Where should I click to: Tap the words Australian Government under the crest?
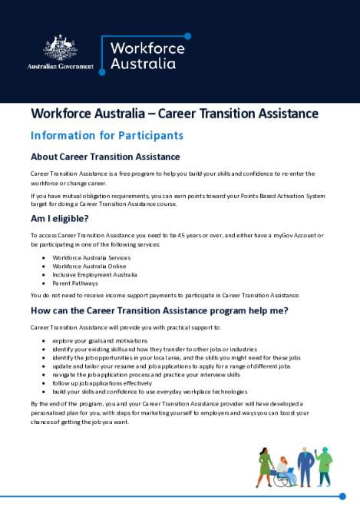(60, 67)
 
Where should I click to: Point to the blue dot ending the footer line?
(342, 496)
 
